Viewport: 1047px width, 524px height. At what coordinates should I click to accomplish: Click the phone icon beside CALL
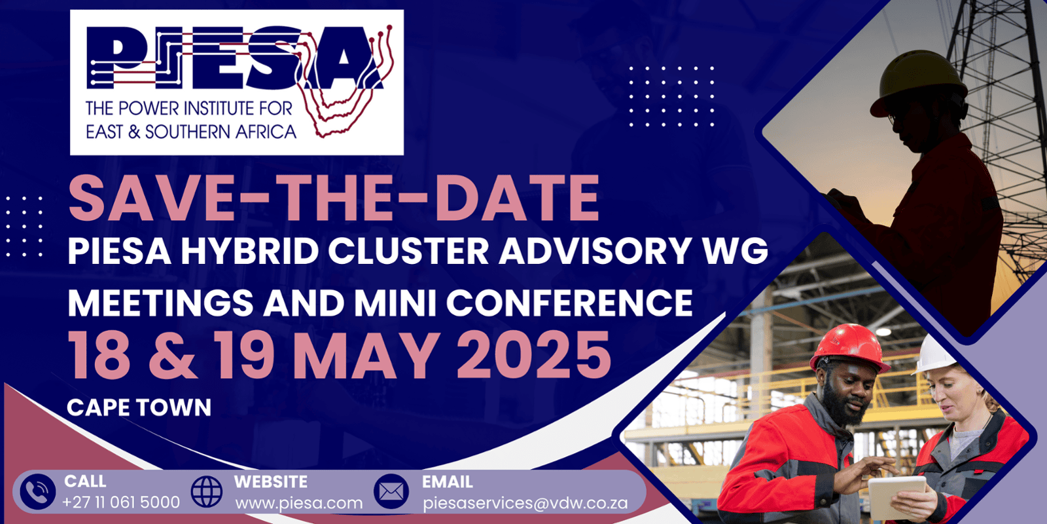click(x=38, y=492)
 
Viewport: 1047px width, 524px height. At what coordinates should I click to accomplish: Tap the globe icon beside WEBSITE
click(x=207, y=492)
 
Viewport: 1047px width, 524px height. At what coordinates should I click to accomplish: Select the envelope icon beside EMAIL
click(x=391, y=492)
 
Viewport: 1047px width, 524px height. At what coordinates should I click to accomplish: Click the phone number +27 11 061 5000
click(x=121, y=502)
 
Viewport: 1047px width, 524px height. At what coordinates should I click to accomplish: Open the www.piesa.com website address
click(x=299, y=504)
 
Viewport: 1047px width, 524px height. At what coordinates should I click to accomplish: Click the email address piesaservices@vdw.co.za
click(x=525, y=504)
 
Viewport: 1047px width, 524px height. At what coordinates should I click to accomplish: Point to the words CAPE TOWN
click(x=139, y=407)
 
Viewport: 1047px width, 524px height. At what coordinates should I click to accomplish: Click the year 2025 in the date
click(x=534, y=354)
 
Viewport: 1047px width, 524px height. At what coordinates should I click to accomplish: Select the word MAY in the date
click(x=366, y=354)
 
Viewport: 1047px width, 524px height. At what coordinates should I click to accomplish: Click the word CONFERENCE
click(x=569, y=303)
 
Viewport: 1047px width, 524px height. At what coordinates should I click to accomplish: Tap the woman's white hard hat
click(x=935, y=354)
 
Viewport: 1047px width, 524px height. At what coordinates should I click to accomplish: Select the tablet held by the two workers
click(x=896, y=497)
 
